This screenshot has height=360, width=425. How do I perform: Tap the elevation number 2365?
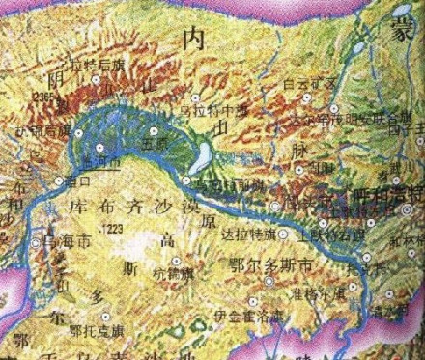(43, 97)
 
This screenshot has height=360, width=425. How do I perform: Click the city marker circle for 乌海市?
(38, 240)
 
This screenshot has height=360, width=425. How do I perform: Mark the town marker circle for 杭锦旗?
(178, 261)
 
